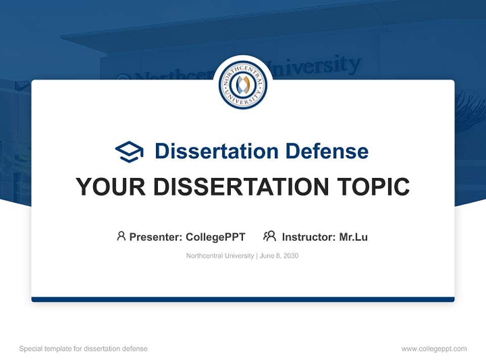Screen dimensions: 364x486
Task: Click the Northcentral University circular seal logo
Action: click(242, 85)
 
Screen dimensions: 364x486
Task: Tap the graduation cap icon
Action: click(129, 151)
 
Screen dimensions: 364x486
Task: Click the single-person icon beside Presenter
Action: click(121, 236)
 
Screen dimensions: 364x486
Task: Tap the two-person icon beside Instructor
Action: click(269, 236)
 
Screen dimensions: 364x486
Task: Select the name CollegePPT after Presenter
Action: click(216, 237)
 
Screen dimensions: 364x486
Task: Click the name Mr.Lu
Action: click(353, 237)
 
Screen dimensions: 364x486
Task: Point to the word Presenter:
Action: click(156, 237)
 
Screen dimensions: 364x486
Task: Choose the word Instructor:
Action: click(309, 237)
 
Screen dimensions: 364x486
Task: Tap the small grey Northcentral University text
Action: click(220, 256)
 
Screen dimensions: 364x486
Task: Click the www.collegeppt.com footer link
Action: click(434, 349)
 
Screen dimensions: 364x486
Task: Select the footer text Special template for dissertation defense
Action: click(84, 349)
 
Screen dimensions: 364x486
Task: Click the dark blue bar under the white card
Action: click(242, 299)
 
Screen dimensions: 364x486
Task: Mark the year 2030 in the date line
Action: click(291, 256)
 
